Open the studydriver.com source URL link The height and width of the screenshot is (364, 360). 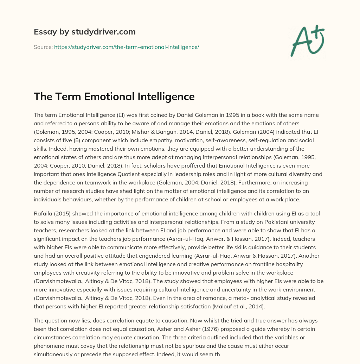point(127,47)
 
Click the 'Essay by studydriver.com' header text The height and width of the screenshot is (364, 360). point(85,32)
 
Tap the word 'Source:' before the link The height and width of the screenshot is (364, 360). point(43,47)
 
